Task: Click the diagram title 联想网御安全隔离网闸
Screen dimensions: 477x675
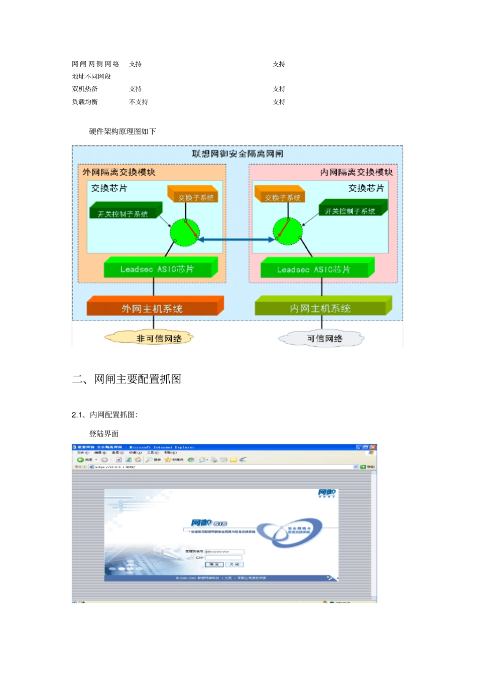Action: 237,154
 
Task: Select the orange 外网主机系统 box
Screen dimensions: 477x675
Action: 153,308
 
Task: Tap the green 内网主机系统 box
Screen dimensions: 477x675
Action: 321,308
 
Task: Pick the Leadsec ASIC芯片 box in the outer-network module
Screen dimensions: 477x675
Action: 158,269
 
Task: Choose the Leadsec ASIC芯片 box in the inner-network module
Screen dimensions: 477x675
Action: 314,269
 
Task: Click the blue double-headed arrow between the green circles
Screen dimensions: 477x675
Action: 236,240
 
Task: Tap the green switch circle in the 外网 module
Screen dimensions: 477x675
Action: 184,232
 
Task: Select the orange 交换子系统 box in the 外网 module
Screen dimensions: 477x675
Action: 195,196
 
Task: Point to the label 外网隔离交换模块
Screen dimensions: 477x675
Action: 119,172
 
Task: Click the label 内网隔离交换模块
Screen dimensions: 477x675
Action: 356,172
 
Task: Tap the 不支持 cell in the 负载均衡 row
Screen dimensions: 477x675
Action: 139,102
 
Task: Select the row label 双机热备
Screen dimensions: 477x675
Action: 85,89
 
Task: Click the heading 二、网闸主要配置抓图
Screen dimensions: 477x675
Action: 127,379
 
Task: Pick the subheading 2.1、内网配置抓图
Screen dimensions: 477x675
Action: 104,415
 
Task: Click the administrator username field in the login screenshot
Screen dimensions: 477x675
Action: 224,552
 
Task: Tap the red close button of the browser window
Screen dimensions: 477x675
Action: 373,447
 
